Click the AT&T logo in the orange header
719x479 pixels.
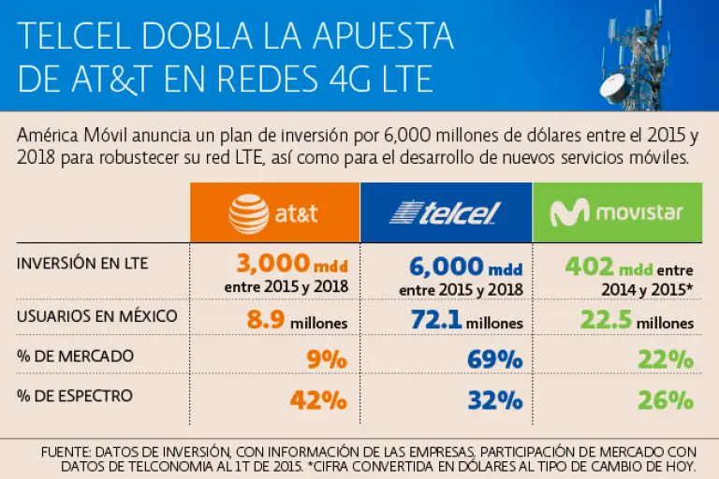click(x=273, y=214)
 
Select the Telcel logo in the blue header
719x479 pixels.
click(x=445, y=214)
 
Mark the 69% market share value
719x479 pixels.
click(x=496, y=360)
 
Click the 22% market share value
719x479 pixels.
click(x=668, y=360)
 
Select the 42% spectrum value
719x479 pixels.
click(x=319, y=399)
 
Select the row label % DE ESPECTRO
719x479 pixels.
click(x=75, y=396)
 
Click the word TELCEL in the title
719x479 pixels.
click(x=78, y=36)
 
